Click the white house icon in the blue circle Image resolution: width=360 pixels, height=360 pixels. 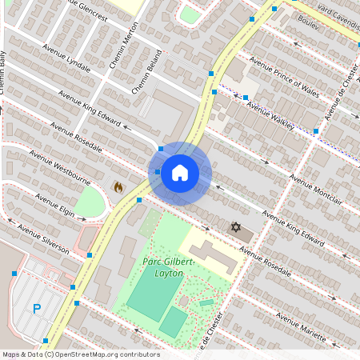coord(180,172)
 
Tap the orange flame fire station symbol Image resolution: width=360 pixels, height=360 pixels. coord(118,187)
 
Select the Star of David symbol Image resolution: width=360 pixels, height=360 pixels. coord(236,228)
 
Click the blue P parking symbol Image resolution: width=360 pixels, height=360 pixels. coord(37,307)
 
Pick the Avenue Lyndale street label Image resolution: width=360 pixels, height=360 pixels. coord(69,62)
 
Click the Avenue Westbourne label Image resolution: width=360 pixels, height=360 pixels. coord(61,167)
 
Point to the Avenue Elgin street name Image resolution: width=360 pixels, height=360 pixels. coord(54,205)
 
